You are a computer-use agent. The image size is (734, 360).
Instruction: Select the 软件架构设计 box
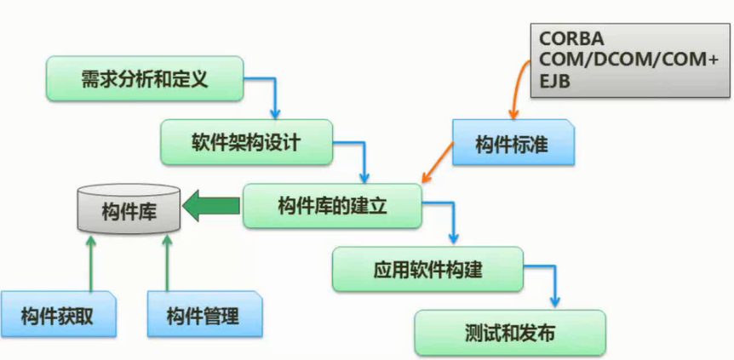pos(245,141)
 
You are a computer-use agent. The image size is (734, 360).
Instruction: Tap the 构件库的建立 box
pos(333,206)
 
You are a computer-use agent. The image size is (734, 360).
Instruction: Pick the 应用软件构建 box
pos(427,270)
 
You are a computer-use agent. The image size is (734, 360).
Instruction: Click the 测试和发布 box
pos(510,332)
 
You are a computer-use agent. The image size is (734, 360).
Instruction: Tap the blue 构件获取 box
pos(57,317)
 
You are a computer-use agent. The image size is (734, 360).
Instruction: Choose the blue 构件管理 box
pos(204,317)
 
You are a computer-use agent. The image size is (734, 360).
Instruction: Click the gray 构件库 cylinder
pos(129,209)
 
